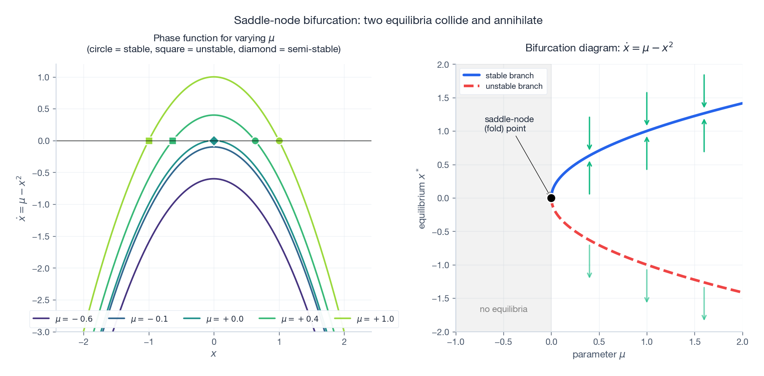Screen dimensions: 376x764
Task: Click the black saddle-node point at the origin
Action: pyautogui.click(x=551, y=198)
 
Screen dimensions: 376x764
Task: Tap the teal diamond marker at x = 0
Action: pyautogui.click(x=214, y=141)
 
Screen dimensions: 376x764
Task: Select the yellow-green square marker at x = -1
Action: pyautogui.click(x=149, y=141)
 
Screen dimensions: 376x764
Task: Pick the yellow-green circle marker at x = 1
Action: pyautogui.click(x=279, y=141)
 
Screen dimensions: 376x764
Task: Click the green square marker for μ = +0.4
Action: pyautogui.click(x=172, y=141)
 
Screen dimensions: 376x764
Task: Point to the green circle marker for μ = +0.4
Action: pyautogui.click(x=255, y=141)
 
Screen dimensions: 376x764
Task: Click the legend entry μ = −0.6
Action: pyautogui.click(x=63, y=319)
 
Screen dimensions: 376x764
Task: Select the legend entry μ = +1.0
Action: pyautogui.click(x=365, y=319)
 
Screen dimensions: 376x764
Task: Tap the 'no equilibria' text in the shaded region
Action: pyautogui.click(x=503, y=309)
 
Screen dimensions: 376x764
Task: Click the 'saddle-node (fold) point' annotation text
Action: pyautogui.click(x=509, y=124)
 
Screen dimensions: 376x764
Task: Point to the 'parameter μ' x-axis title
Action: pyautogui.click(x=599, y=355)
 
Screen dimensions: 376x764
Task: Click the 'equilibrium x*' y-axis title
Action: pyautogui.click(x=422, y=198)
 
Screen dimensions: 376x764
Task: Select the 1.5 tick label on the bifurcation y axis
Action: pyautogui.click(x=443, y=98)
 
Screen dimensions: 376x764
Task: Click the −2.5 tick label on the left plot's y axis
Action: pyautogui.click(x=41, y=300)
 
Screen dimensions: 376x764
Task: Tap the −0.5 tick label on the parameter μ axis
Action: pyautogui.click(x=503, y=342)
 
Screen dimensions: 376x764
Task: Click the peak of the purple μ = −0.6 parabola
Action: pyautogui.click(x=214, y=179)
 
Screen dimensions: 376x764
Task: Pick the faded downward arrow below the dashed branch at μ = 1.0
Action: pyautogui.click(x=647, y=286)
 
